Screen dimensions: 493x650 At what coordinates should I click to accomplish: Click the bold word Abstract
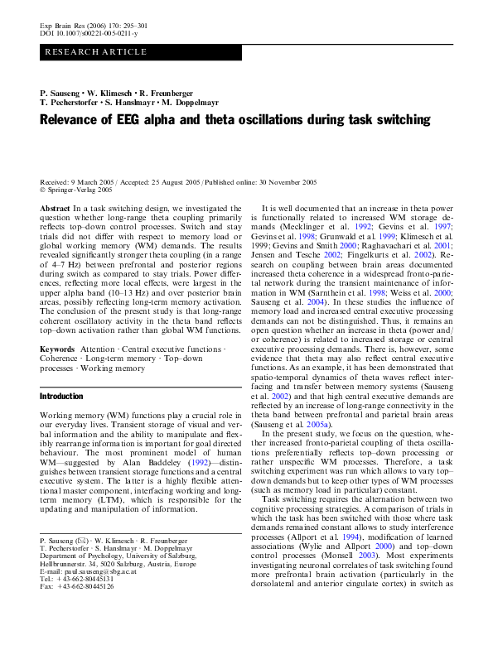(55, 209)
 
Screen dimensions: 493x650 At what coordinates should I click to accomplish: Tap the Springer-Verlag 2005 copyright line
(80, 190)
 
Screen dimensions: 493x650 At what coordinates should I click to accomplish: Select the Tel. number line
(75, 578)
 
